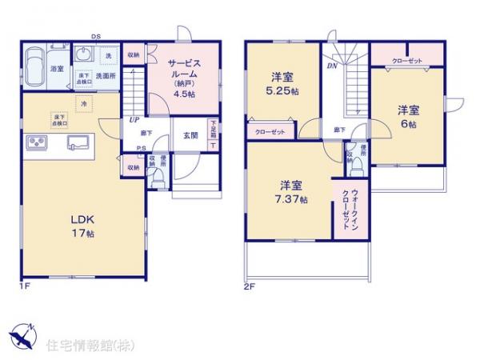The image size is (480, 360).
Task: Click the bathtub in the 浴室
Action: coord(35,66)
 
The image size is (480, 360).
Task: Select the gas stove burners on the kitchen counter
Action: coord(38,142)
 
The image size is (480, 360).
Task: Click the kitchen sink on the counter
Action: coord(79,142)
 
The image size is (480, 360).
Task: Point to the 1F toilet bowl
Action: coord(160,180)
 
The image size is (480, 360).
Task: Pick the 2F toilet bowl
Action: coord(358,166)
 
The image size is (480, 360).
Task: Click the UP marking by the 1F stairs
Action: coord(134,119)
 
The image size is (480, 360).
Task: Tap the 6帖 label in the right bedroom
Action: coord(408,126)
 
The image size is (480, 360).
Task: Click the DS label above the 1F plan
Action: coord(96,36)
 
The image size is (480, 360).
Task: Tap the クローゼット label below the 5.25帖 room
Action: coord(269,133)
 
